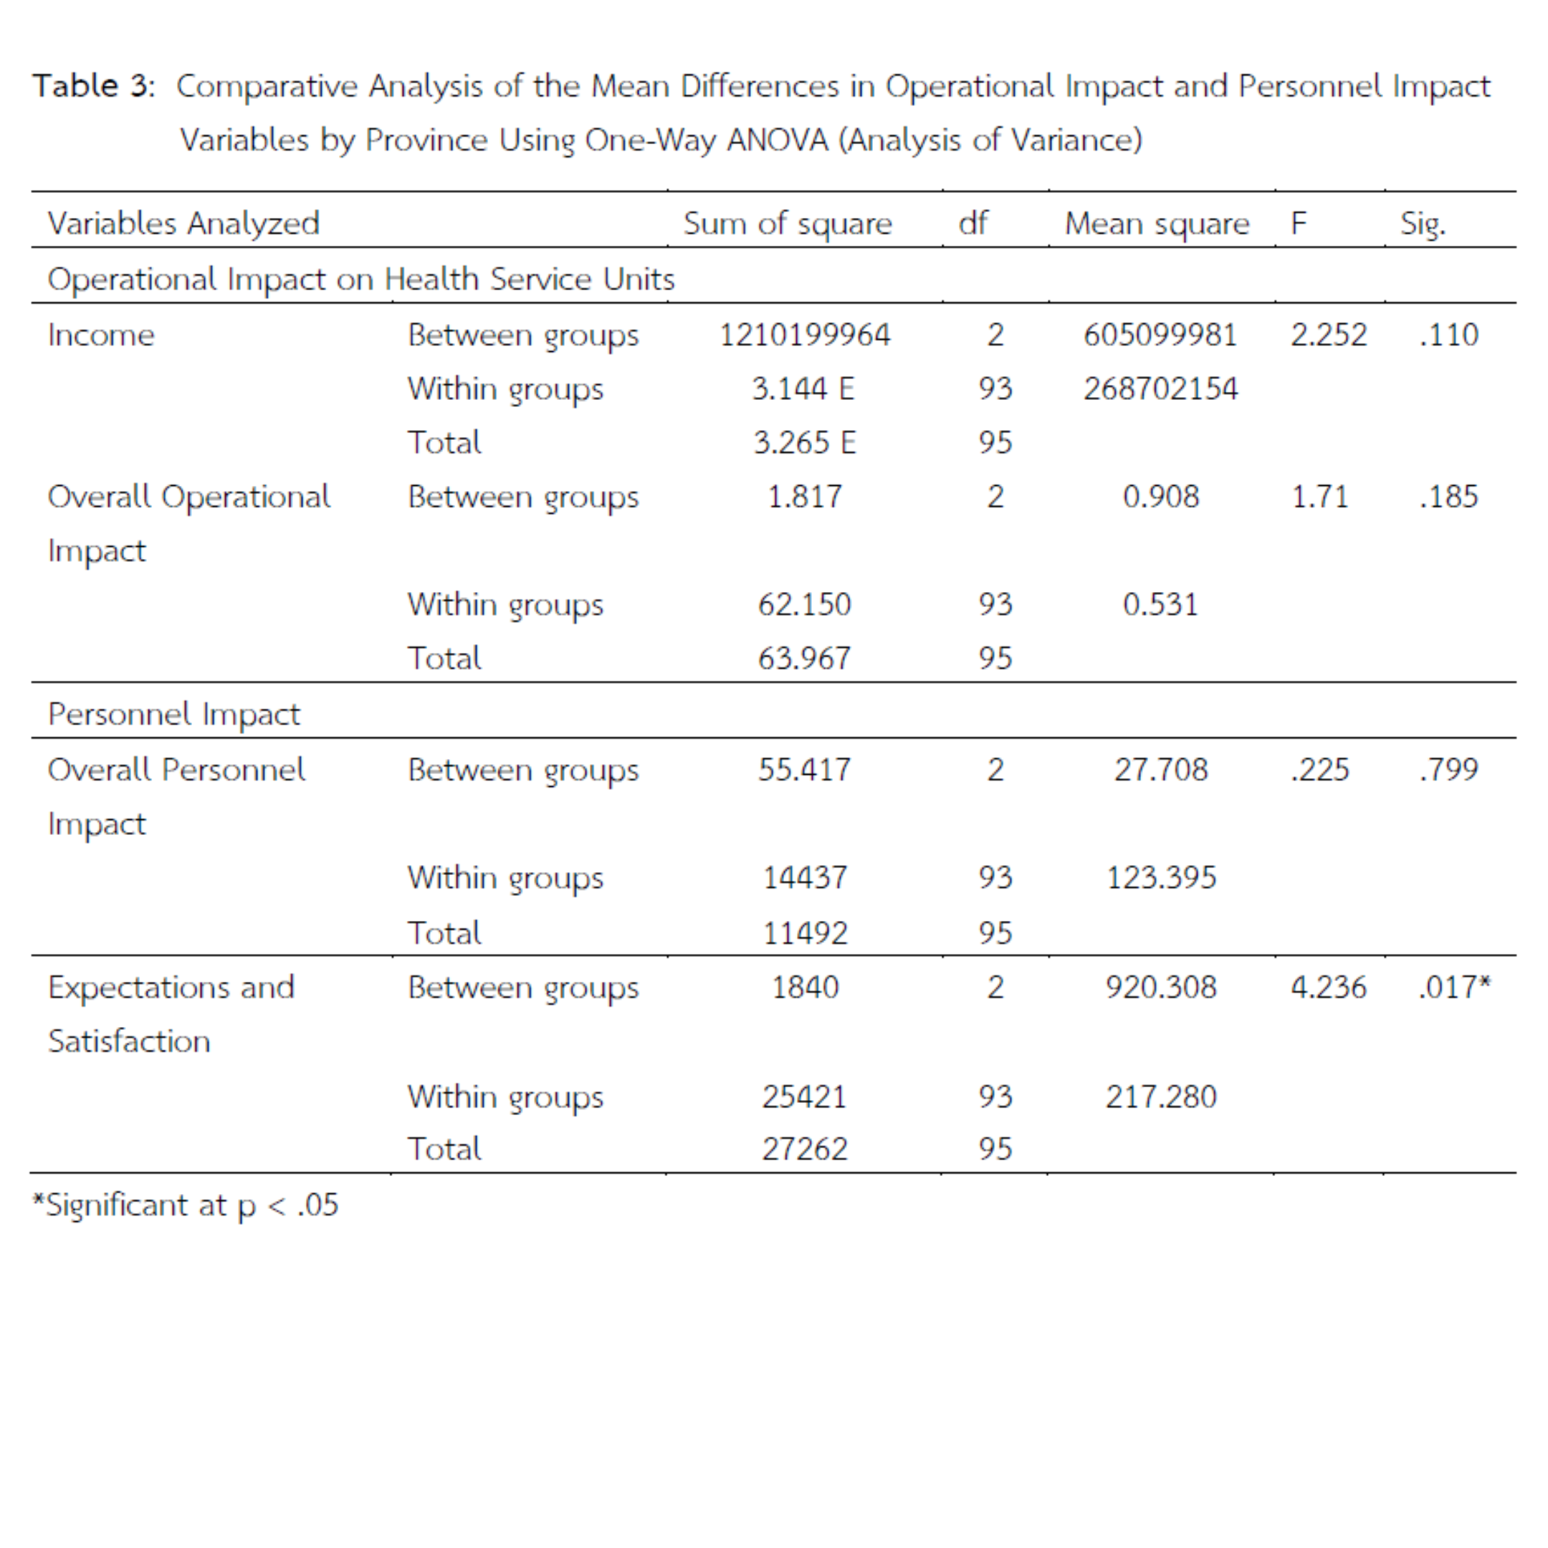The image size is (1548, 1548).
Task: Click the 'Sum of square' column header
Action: [787, 224]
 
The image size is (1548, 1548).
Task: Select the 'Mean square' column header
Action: [1156, 224]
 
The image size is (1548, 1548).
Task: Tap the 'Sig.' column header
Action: [1422, 224]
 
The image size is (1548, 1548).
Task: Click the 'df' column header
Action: [973, 223]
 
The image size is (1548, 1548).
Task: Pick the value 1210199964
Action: [804, 335]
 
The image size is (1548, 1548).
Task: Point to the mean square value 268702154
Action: [1160, 388]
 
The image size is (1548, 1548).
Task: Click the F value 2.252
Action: [1328, 335]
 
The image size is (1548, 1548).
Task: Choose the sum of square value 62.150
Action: [804, 604]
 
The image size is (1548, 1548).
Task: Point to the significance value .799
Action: [1448, 769]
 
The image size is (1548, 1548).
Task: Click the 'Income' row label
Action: [101, 335]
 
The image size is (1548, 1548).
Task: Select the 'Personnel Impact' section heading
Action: [174, 714]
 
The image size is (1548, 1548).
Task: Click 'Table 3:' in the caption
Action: [94, 86]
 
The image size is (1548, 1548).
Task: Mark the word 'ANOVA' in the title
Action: [776, 140]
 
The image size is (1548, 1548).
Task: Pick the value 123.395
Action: [1160, 877]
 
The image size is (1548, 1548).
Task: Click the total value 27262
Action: [804, 1149]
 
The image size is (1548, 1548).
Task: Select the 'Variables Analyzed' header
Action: [183, 224]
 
